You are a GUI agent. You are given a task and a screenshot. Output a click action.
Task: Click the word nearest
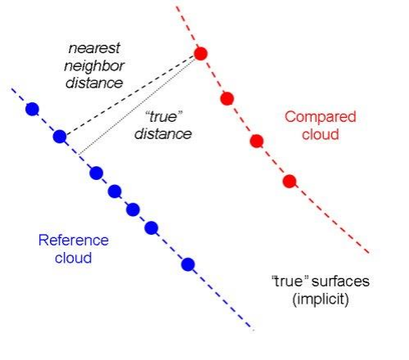pyautogui.click(x=94, y=48)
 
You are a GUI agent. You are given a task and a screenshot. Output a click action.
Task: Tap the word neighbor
pyautogui.click(x=94, y=66)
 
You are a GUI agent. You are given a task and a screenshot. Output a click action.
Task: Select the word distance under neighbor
pyautogui.click(x=94, y=83)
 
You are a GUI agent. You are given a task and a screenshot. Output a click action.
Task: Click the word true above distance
pyautogui.click(x=164, y=117)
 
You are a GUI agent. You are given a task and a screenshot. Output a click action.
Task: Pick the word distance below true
pyautogui.click(x=163, y=134)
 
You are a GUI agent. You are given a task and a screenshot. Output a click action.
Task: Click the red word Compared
pyautogui.click(x=321, y=117)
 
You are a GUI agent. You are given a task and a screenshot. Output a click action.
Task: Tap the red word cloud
pyautogui.click(x=321, y=134)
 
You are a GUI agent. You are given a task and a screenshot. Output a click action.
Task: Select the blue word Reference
pyautogui.click(x=74, y=241)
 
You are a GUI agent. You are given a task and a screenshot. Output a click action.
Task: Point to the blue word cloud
pyautogui.click(x=73, y=258)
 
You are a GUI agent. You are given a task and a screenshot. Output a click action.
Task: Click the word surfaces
pyautogui.click(x=340, y=281)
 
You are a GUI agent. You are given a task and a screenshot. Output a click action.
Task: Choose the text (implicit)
pyautogui.click(x=321, y=299)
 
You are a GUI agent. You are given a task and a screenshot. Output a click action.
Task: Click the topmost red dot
pyautogui.click(x=200, y=53)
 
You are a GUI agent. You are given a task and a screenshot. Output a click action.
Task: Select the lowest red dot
pyautogui.click(x=290, y=182)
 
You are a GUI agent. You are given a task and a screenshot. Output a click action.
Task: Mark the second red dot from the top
pyautogui.click(x=227, y=98)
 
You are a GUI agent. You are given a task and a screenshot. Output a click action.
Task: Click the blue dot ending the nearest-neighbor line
pyautogui.click(x=60, y=137)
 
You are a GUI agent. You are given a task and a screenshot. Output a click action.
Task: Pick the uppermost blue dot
pyautogui.click(x=32, y=109)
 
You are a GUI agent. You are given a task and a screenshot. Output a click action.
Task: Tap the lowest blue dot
pyautogui.click(x=188, y=264)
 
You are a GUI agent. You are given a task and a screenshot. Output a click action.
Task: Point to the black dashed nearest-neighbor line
pyautogui.click(x=130, y=95)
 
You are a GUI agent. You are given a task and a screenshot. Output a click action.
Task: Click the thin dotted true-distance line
pyautogui.click(x=137, y=106)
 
